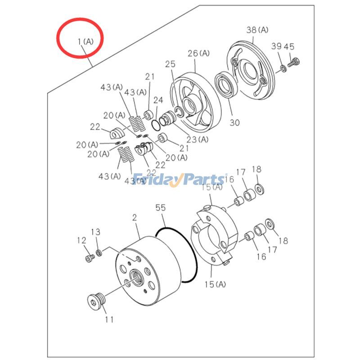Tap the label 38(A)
257,30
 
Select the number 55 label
161,208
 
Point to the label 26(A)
199,53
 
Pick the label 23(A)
198,139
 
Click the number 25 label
170,64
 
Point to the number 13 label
96,232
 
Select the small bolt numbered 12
89,258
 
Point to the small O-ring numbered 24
156,123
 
